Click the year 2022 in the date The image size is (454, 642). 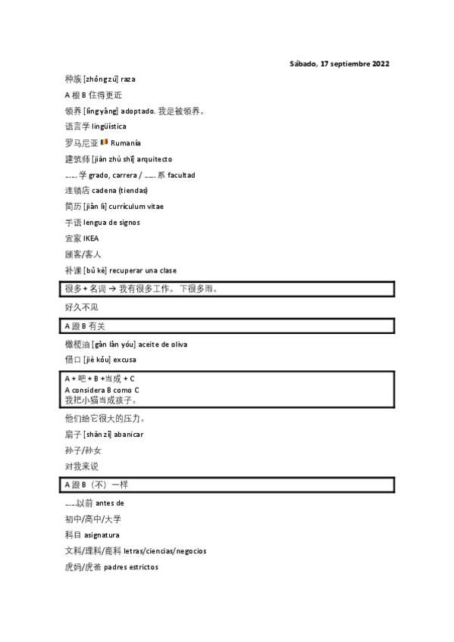tap(380, 64)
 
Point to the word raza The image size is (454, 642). tap(128, 79)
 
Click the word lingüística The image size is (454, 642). tap(108, 126)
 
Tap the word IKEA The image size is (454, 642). tap(91, 238)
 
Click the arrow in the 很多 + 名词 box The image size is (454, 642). tap(111, 288)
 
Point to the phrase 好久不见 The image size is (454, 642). tap(82, 307)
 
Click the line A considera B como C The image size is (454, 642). tap(102, 390)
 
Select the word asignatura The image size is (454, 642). tap(102, 535)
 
